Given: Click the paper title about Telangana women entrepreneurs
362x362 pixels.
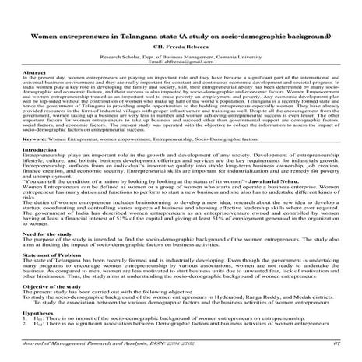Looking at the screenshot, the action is (181, 36).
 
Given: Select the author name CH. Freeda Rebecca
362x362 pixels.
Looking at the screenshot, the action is (181, 49).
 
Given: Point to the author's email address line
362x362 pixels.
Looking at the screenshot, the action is (181, 63).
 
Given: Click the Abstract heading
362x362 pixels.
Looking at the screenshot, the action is (35, 72).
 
